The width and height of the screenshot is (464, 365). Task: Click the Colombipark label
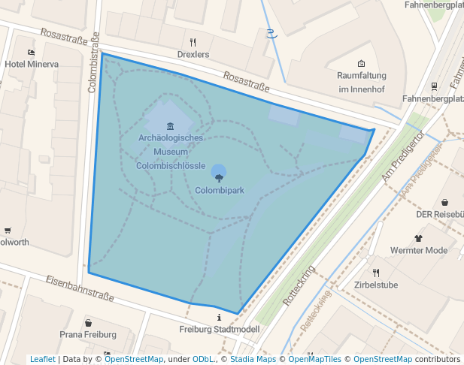220,191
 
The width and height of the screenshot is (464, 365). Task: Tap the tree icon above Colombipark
219,177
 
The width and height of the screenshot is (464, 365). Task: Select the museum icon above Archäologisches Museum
171,125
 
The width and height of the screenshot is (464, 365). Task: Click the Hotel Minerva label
32,65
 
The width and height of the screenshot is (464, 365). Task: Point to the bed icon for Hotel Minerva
31,53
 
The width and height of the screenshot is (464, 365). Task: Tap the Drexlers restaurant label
193,55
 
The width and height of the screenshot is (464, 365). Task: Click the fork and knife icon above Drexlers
193,42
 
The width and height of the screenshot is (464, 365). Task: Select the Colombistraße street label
94,62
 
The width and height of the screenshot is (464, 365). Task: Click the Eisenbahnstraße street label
80,288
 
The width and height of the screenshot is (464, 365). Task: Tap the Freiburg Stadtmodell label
220,330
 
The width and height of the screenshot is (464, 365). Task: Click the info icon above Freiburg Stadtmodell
219,317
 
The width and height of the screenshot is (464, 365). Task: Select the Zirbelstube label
376,285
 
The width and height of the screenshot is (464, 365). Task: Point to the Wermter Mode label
419,251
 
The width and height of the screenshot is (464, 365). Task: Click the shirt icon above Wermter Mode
418,238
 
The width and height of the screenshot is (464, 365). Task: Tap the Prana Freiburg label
88,334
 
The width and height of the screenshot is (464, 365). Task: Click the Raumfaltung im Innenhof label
362,83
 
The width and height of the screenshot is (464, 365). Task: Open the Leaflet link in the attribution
42,360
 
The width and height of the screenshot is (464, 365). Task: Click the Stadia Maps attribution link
253,360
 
